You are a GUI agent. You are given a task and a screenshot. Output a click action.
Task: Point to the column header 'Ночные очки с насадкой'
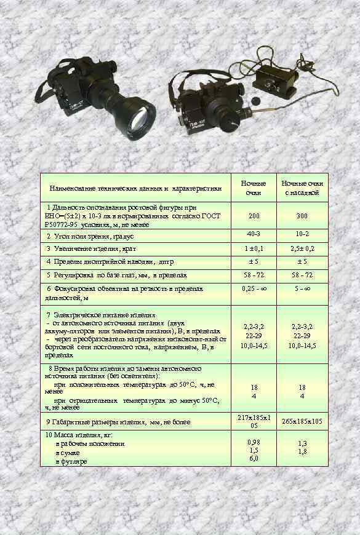pyautogui.click(x=302, y=188)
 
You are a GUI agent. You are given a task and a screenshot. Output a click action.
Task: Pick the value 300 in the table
pyautogui.click(x=302, y=216)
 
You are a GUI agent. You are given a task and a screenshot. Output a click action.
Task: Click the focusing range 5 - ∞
pyautogui.click(x=302, y=288)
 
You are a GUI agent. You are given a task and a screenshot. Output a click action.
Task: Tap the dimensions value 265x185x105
pyautogui.click(x=302, y=422)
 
